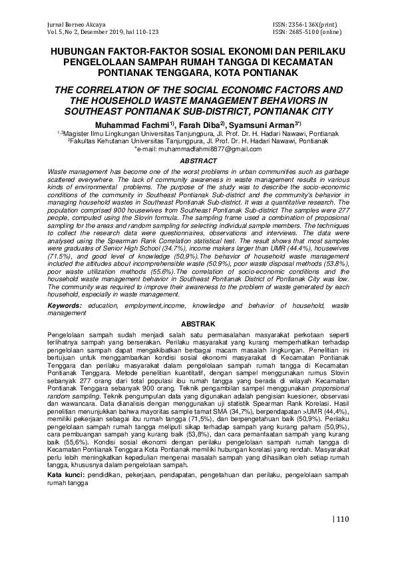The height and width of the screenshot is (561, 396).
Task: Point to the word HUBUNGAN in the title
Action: click(78, 51)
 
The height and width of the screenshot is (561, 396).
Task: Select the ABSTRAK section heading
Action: click(198, 323)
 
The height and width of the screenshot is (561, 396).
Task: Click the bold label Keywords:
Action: click(65, 304)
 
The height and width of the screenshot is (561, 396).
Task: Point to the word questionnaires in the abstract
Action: click(190, 227)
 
